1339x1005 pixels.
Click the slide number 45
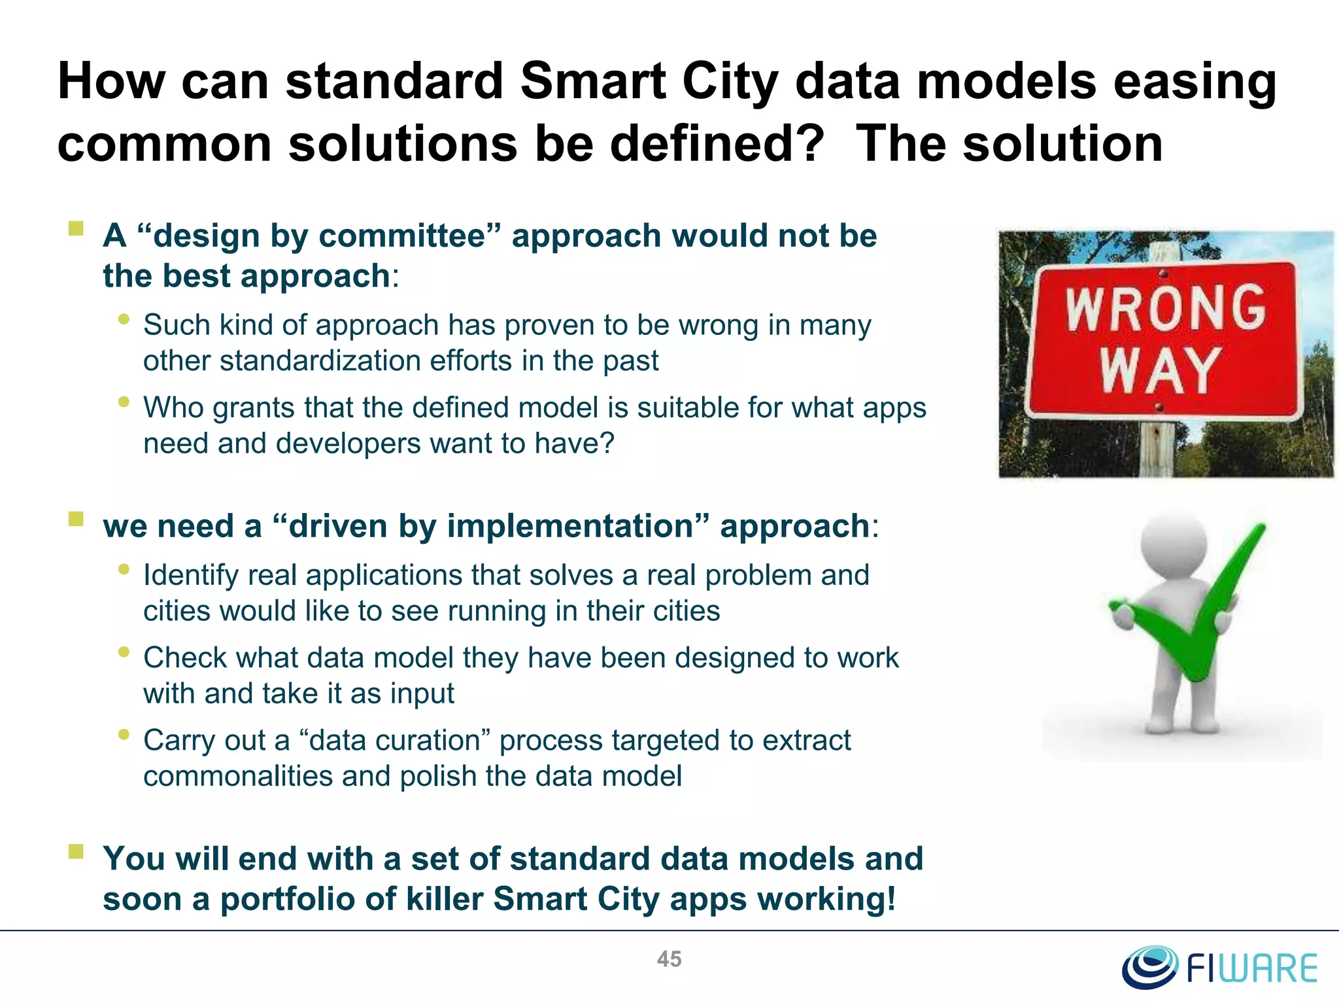click(x=669, y=959)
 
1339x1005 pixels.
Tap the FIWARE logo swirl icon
click(x=1149, y=967)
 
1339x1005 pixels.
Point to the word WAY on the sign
click(x=1160, y=370)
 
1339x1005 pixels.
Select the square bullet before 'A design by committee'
click(x=76, y=228)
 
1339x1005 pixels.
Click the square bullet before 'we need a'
click(x=76, y=519)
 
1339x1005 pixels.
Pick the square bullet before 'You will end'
click(x=76, y=851)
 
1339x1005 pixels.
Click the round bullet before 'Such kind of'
click(x=124, y=319)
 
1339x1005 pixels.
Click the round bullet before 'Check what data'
click(x=124, y=652)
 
